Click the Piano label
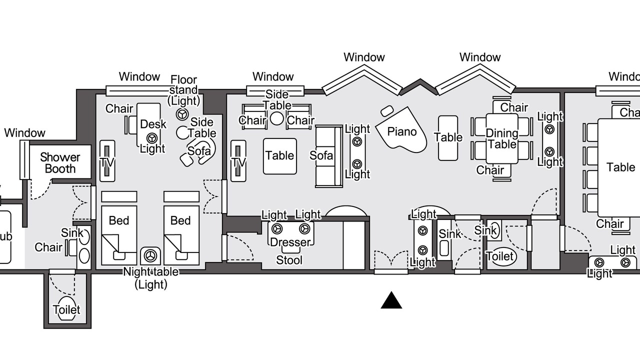402,131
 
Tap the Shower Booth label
60,163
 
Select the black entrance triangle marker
391,300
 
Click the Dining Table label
502,139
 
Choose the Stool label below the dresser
289,260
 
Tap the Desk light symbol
151,137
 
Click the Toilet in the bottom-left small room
66,309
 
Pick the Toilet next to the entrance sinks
501,256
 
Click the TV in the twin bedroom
107,161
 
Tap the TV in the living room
238,161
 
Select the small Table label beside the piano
448,137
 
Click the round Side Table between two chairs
277,118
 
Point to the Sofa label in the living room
321,155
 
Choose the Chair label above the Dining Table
514,107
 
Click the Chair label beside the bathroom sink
48,247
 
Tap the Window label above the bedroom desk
139,77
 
